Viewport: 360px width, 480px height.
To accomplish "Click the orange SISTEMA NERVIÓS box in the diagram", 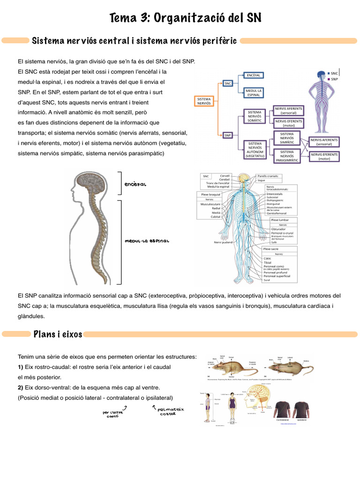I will pos(204,101).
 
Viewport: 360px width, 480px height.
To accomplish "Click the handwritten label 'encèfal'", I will pos(136,184).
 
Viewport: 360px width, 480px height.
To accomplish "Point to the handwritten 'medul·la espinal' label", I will pos(147,241).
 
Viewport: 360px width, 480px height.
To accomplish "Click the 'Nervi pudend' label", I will pos(224,242).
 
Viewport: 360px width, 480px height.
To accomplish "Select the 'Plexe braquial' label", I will pos(210,194).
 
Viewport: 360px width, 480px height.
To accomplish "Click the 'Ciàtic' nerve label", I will pos(268,258).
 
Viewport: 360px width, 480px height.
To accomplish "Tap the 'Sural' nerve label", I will pos(267,280).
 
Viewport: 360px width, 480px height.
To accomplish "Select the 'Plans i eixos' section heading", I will pos(58,334).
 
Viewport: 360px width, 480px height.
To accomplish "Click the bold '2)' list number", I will pos(21,387).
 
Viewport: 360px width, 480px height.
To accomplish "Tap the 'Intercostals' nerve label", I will pos(275,193).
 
